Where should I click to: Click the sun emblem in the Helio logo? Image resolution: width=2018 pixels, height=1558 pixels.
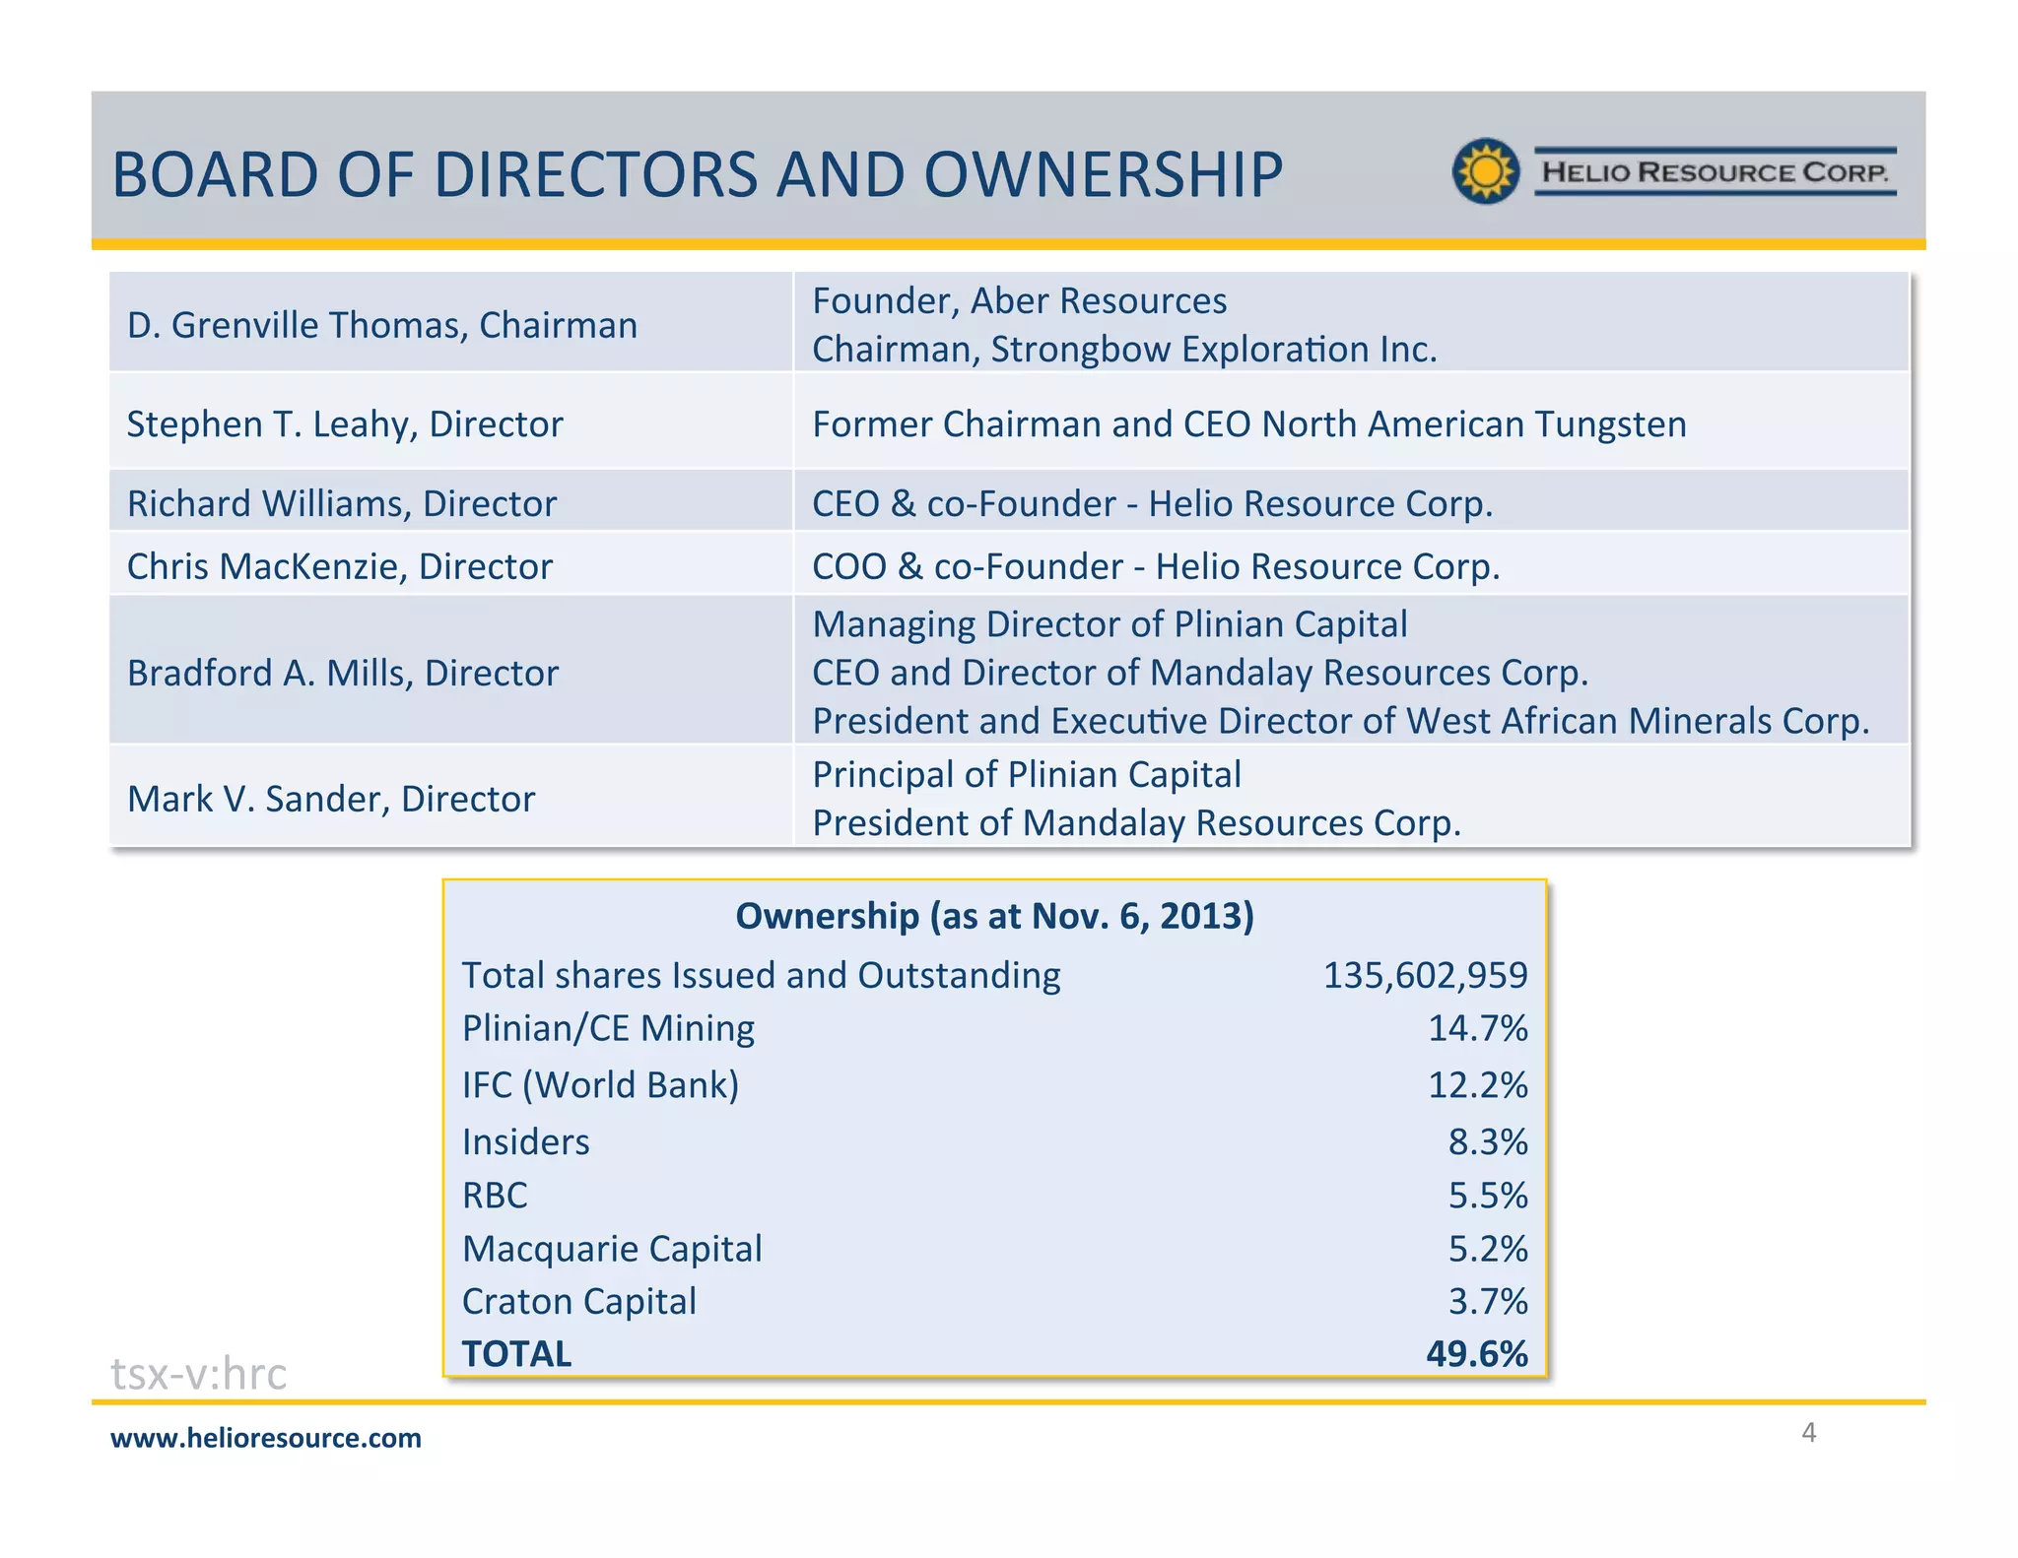1486,171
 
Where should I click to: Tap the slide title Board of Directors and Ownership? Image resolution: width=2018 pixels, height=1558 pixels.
697,175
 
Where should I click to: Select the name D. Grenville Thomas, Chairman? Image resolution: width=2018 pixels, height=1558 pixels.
382,325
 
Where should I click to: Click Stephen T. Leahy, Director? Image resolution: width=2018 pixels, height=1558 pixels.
345,424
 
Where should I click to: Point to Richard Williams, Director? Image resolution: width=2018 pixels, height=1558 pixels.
342,504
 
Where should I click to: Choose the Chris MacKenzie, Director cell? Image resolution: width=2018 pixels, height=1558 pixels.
340,567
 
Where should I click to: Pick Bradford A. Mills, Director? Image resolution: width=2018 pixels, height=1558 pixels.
343,674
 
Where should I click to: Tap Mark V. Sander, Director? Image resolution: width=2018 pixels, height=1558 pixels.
331,799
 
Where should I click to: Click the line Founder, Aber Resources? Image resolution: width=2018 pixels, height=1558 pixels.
1019,301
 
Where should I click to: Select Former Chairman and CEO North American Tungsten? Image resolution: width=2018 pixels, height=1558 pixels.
1248,424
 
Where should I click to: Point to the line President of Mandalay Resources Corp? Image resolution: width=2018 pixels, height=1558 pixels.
1136,823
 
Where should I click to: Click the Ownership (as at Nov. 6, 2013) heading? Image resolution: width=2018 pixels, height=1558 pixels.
994,916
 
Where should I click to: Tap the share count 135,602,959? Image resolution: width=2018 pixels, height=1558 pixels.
1424,975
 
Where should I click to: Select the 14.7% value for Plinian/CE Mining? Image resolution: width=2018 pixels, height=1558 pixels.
1477,1028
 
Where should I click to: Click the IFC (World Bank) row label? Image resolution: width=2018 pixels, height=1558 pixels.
600,1085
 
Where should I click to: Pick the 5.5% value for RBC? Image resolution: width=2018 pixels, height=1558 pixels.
1487,1196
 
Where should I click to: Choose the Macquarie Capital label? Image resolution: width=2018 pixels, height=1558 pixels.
612,1249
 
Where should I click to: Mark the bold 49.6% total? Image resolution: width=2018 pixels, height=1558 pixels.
1476,1354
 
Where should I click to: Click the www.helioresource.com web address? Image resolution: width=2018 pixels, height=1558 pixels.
266,1438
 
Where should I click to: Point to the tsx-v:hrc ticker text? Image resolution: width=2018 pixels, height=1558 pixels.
199,1373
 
